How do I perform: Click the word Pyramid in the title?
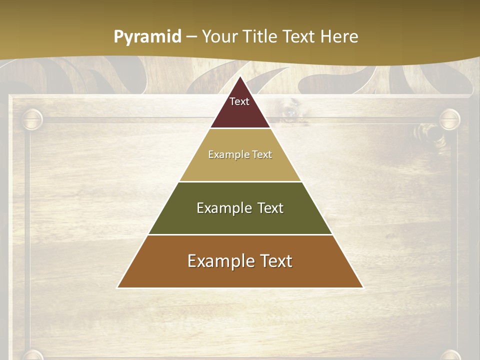point(147,37)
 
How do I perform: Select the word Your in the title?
point(219,36)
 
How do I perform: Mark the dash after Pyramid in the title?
point(191,37)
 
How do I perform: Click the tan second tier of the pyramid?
point(240,167)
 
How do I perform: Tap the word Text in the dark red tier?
point(239,101)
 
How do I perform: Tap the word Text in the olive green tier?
point(270,208)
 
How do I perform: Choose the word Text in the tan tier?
point(262,154)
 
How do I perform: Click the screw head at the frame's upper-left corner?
point(32,119)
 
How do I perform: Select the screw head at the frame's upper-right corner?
point(449,119)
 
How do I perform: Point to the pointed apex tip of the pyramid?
point(240,77)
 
